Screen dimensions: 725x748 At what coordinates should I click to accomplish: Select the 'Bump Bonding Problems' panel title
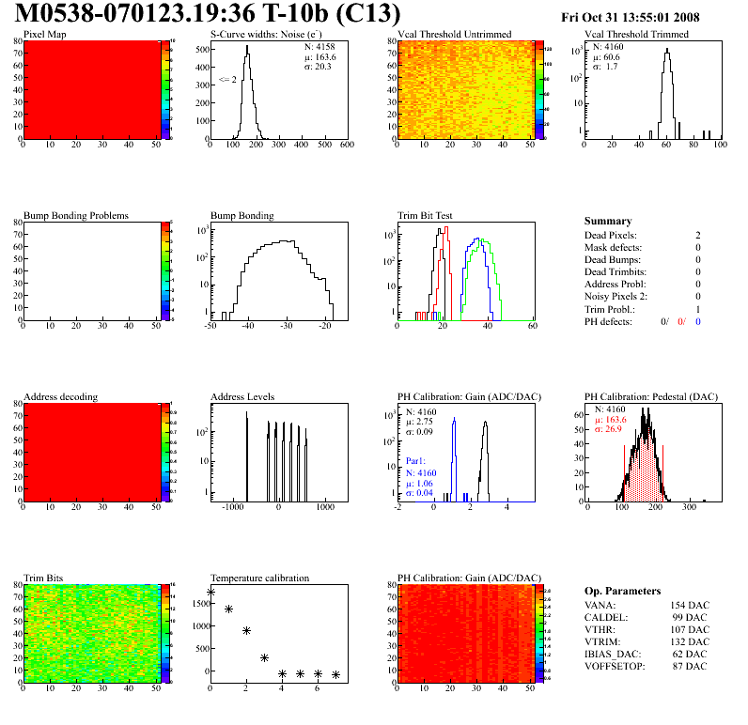[76, 215]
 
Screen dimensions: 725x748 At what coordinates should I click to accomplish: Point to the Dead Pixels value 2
[698, 235]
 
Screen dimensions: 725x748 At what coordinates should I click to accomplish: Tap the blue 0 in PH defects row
[699, 321]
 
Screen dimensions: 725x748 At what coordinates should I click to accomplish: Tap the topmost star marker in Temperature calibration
[210, 593]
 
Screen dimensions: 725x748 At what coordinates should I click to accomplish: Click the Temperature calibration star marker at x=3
[264, 658]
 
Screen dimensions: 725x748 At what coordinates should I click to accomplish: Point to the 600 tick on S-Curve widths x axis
[346, 146]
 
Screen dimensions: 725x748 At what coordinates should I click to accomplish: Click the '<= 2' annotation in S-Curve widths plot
[226, 80]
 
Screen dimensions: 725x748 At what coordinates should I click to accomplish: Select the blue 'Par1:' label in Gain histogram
[416, 462]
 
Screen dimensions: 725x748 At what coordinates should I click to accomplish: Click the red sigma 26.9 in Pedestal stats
[609, 442]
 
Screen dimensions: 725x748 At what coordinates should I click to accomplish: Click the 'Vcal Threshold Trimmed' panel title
[636, 35]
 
